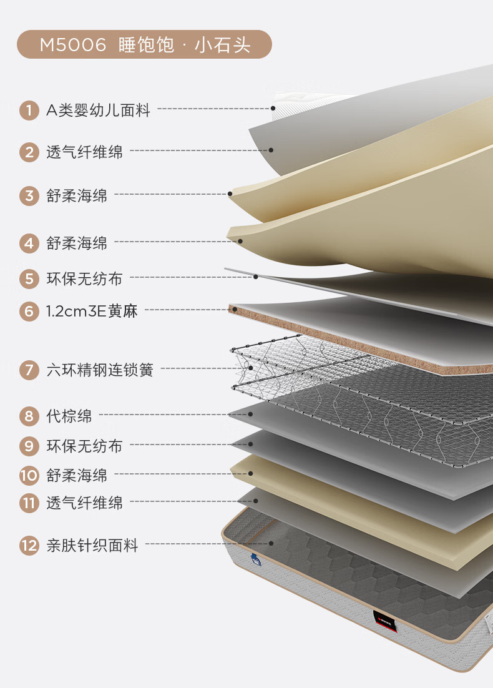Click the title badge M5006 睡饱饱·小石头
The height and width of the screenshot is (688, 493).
[144, 45]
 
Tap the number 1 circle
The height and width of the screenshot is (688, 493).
[29, 111]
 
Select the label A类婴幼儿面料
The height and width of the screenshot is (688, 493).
[99, 111]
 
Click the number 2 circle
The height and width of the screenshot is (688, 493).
[29, 152]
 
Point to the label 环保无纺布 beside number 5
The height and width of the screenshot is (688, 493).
[84, 278]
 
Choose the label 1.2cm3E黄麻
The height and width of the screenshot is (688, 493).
[92, 310]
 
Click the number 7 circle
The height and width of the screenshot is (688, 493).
[29, 370]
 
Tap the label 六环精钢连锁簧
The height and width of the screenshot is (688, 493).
[99, 370]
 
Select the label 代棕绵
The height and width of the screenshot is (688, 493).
[69, 415]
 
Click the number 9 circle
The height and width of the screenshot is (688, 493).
[29, 446]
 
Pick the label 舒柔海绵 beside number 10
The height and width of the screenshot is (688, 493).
[77, 476]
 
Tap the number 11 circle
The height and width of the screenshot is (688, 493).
[29, 503]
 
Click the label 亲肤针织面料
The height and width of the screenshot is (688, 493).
[92, 546]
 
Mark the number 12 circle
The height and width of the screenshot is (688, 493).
[29, 546]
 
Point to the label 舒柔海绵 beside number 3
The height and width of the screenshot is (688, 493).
[77, 195]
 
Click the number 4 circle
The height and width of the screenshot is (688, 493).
[29, 243]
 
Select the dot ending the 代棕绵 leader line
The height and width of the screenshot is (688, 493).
[250, 414]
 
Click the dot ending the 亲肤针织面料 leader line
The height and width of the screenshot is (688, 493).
[272, 544]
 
